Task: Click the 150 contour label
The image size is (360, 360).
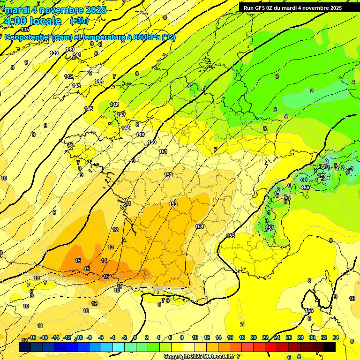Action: tap(152, 142)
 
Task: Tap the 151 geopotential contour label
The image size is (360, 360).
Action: tap(163, 151)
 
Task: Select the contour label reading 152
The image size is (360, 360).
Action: tap(168, 175)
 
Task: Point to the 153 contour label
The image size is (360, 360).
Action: tap(173, 204)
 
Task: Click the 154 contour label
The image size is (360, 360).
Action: tap(200, 226)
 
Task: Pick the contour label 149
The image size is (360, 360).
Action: tap(140, 135)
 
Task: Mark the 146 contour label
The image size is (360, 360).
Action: tap(114, 105)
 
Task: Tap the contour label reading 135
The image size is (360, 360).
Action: tap(25, 30)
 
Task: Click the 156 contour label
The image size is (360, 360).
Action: tap(305, 187)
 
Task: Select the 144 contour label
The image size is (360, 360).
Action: tap(99, 82)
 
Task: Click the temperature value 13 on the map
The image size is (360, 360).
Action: tap(111, 247)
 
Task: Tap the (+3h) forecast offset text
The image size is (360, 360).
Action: tap(79, 21)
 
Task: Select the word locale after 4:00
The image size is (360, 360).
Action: tap(45, 21)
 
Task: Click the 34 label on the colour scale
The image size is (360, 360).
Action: tap(335, 337)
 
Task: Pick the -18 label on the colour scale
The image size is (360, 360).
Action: tap(32, 337)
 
